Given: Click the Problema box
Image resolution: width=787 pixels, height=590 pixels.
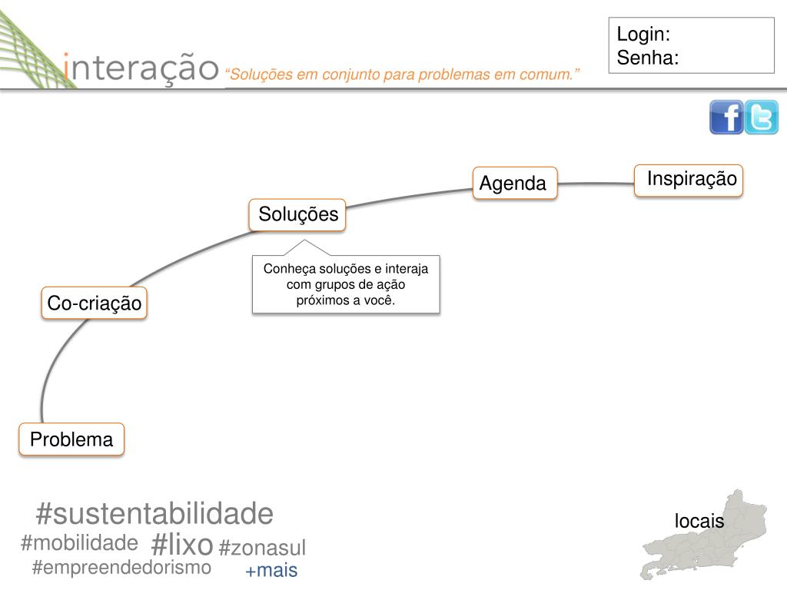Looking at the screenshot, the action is click(x=71, y=439).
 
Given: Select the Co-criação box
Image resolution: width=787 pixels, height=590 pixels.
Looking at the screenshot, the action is click(x=94, y=303).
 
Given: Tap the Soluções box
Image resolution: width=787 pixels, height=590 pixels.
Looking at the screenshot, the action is click(x=297, y=214).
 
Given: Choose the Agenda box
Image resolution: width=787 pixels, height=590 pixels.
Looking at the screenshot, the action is click(x=514, y=183).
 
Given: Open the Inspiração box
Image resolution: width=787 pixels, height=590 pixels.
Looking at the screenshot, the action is click(x=689, y=180).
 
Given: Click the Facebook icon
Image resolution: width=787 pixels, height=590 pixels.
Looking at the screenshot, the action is click(x=726, y=118).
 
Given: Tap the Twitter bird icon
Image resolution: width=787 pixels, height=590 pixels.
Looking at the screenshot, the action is click(x=762, y=118).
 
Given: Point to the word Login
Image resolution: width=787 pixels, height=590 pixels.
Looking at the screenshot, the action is click(x=643, y=35).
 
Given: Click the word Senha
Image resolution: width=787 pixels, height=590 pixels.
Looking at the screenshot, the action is click(x=648, y=58).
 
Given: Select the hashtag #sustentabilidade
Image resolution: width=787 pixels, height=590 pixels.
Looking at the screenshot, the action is click(x=154, y=513).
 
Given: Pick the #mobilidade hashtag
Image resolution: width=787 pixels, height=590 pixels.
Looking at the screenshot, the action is click(x=79, y=543).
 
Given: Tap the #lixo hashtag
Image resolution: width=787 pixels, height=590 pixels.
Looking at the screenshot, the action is click(x=182, y=545).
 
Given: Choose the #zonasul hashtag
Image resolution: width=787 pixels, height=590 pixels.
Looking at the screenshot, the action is click(x=262, y=548).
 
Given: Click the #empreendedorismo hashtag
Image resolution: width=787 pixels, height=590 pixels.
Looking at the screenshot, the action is click(x=121, y=568).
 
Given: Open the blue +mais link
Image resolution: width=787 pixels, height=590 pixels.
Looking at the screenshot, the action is click(x=271, y=571).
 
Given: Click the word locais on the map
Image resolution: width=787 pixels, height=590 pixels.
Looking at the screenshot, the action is click(x=699, y=521).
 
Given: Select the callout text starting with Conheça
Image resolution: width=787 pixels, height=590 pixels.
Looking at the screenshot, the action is click(x=346, y=284).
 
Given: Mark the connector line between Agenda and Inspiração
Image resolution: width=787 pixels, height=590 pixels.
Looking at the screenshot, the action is click(x=596, y=184).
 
